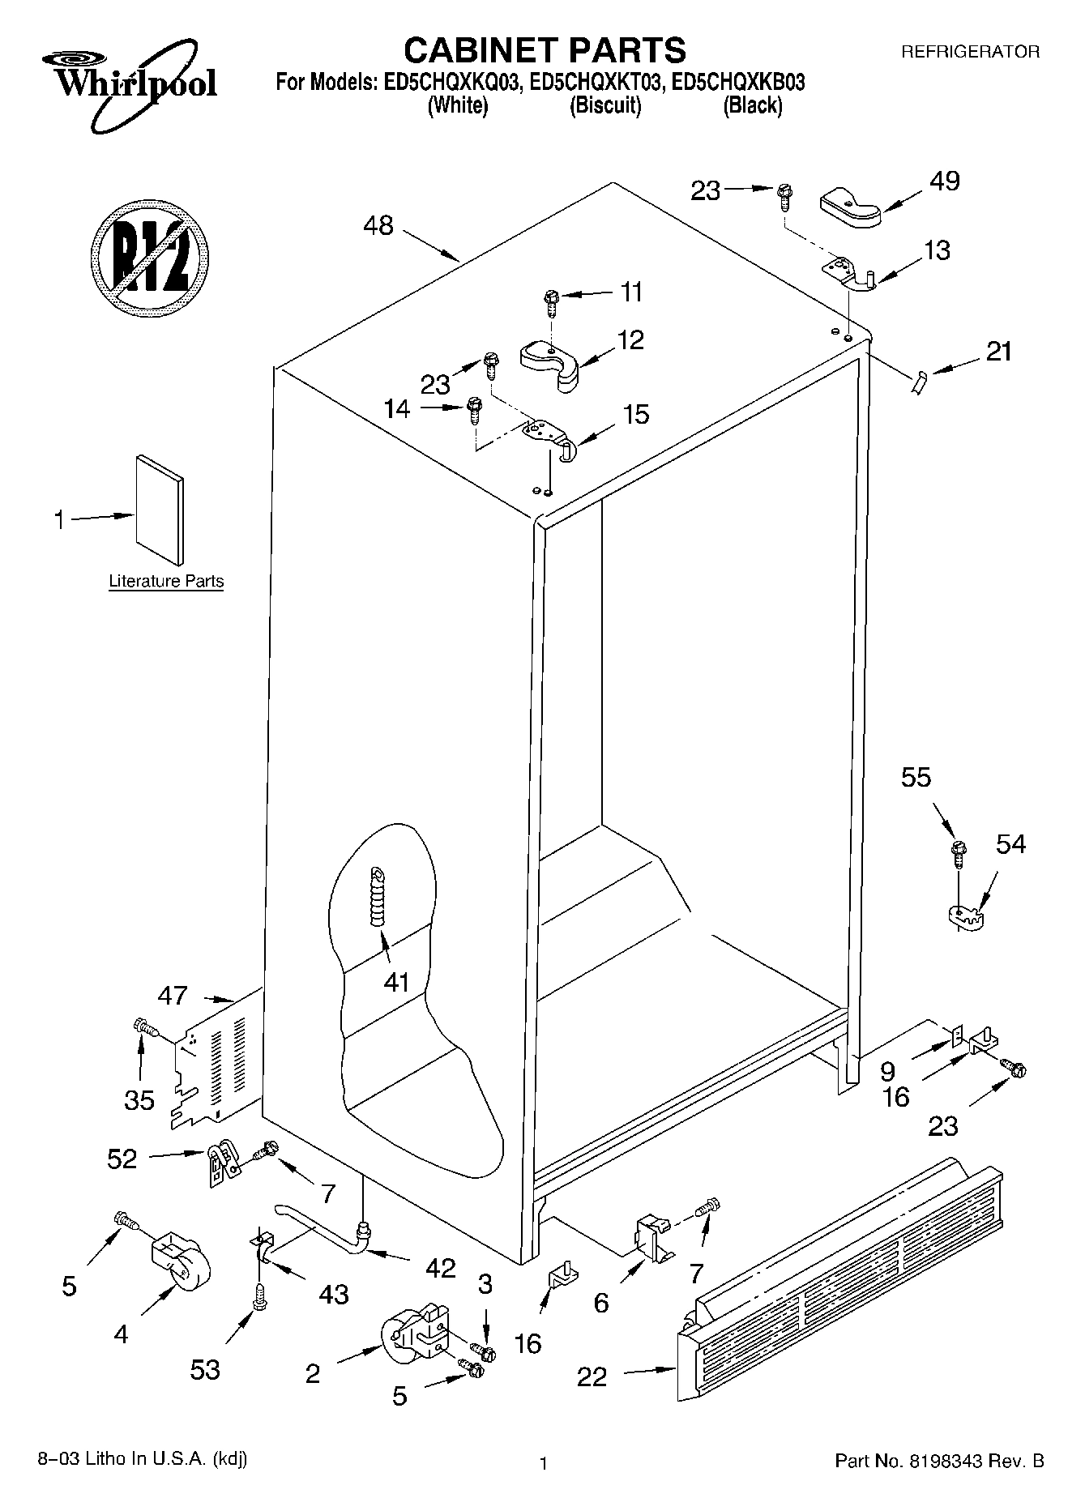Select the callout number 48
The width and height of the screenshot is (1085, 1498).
tap(378, 224)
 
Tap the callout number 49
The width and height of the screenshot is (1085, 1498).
tap(944, 180)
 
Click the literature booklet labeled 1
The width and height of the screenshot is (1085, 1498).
tap(160, 508)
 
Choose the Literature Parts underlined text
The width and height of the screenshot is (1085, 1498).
tap(166, 581)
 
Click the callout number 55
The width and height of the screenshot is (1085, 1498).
tap(916, 778)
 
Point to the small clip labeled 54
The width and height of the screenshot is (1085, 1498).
tap(964, 918)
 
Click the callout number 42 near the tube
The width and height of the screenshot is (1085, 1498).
tap(440, 1268)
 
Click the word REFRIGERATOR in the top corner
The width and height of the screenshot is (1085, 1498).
tap(970, 52)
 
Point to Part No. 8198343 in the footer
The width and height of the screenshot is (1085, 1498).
tap(938, 1461)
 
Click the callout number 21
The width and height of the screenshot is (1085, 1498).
tap(998, 352)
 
